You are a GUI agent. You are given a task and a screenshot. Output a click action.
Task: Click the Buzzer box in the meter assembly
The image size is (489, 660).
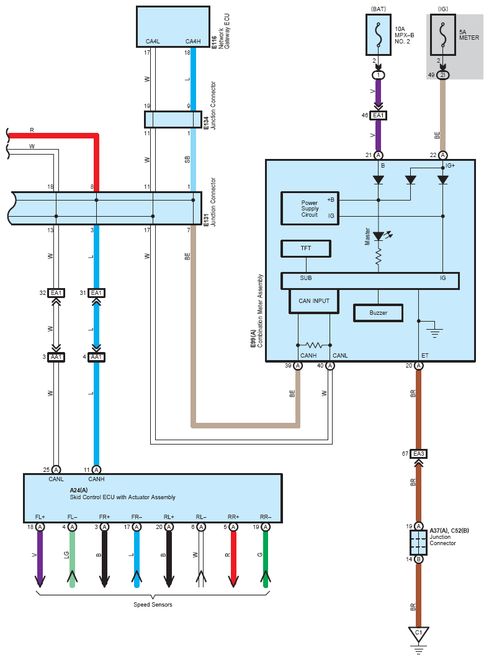378,313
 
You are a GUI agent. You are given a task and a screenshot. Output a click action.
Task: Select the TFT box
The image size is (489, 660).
306,248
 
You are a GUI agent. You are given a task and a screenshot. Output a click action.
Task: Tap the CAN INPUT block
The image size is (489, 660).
314,301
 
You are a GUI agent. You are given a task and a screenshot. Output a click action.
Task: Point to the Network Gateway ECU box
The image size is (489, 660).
173,27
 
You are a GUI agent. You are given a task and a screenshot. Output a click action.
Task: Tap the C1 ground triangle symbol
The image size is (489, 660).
418,634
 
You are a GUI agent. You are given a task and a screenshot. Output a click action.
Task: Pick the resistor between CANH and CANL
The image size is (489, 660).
314,345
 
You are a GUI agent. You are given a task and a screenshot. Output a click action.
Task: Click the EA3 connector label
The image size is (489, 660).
418,454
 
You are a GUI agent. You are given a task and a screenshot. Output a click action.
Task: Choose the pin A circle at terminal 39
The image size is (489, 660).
298,366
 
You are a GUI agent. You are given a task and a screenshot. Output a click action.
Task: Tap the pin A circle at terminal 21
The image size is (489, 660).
378,155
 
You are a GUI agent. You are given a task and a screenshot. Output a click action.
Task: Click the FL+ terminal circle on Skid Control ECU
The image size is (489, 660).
40,527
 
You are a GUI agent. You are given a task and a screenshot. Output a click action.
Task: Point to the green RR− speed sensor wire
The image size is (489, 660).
266,559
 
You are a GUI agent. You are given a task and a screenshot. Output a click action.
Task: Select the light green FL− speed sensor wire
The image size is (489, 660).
72,559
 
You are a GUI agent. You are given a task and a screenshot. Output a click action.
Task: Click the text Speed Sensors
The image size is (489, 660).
153,605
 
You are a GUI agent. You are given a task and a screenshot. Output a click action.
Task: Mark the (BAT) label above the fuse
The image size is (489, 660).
378,9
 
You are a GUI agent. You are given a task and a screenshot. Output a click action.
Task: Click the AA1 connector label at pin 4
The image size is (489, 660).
96,357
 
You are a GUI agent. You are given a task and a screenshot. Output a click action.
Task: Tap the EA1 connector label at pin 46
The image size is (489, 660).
378,115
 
